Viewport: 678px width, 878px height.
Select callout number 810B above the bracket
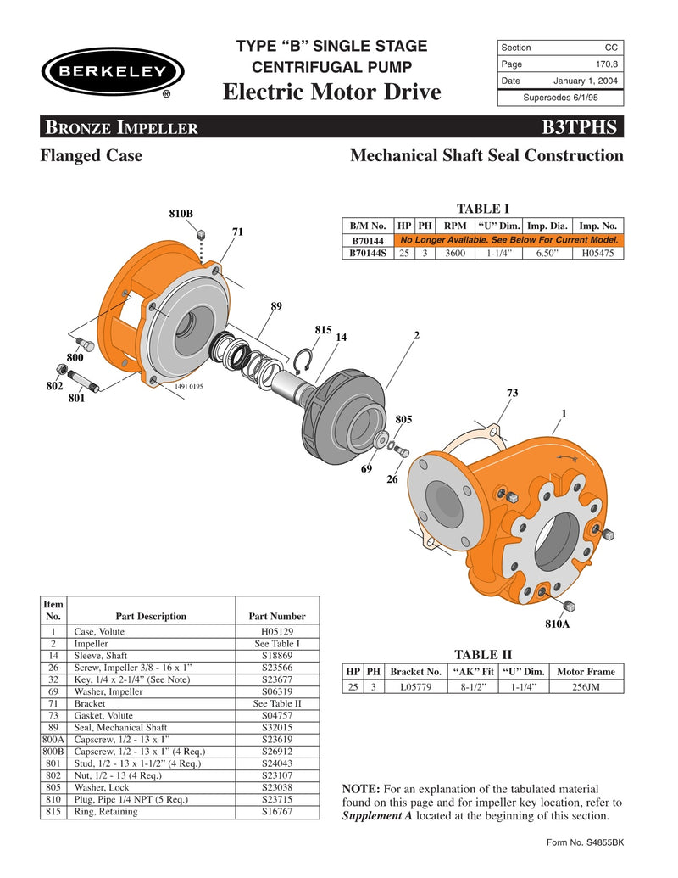(x=181, y=213)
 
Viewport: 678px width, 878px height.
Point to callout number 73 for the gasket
(x=512, y=393)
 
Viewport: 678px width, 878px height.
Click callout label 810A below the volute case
(x=557, y=624)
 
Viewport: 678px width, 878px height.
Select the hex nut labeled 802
(x=61, y=370)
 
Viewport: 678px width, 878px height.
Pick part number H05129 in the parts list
(x=276, y=631)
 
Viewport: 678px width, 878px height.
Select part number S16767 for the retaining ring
(x=276, y=811)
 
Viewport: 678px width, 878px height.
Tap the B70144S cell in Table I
(x=368, y=253)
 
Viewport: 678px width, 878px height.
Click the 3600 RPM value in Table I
(x=455, y=253)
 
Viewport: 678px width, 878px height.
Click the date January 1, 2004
(x=586, y=81)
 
